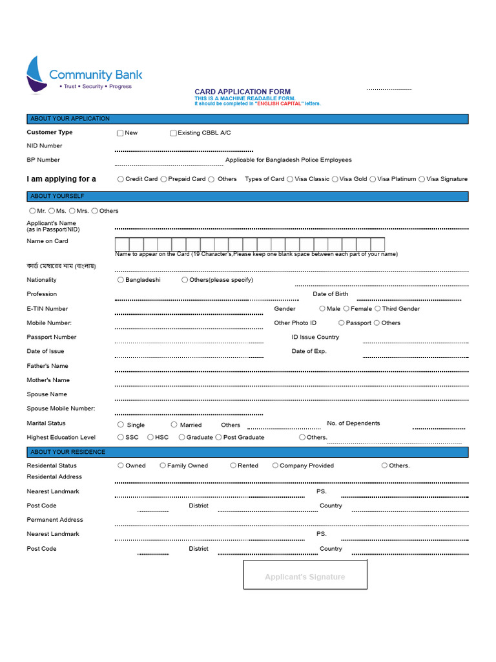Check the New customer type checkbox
click(x=120, y=133)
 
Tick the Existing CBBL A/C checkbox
click(x=173, y=133)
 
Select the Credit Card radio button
click(x=121, y=179)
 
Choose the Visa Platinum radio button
click(x=373, y=179)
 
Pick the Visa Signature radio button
click(x=422, y=179)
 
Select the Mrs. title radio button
click(x=72, y=211)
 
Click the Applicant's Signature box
click(x=305, y=575)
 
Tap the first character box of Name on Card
click(x=122, y=244)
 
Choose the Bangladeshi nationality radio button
click(x=121, y=280)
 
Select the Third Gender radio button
click(x=378, y=309)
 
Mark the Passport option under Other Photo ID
click(x=341, y=323)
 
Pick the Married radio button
click(x=174, y=425)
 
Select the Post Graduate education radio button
click(x=218, y=438)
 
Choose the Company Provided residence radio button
click(x=275, y=465)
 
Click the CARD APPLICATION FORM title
click(x=243, y=92)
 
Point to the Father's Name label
click(x=47, y=366)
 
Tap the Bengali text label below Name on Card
click(x=61, y=266)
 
